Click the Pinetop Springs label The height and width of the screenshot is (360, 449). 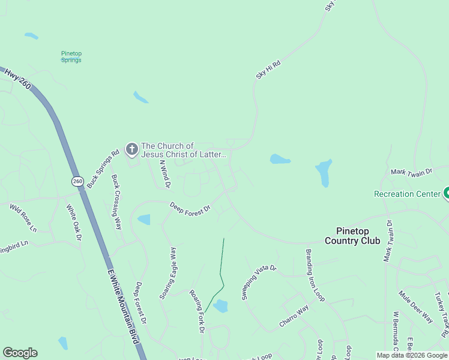(71, 56)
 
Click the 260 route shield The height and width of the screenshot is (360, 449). (77, 181)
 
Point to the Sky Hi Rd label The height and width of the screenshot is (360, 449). (268, 69)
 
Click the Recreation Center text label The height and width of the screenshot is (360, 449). (407, 194)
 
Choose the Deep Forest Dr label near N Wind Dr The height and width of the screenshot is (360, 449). (190, 208)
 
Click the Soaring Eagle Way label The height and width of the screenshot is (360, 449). (168, 273)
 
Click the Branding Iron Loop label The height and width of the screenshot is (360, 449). (316, 275)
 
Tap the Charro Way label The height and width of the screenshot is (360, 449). (294, 316)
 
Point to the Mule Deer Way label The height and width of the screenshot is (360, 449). (416, 307)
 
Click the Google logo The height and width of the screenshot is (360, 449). (20, 353)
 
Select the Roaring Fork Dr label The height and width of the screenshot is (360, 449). (197, 311)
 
